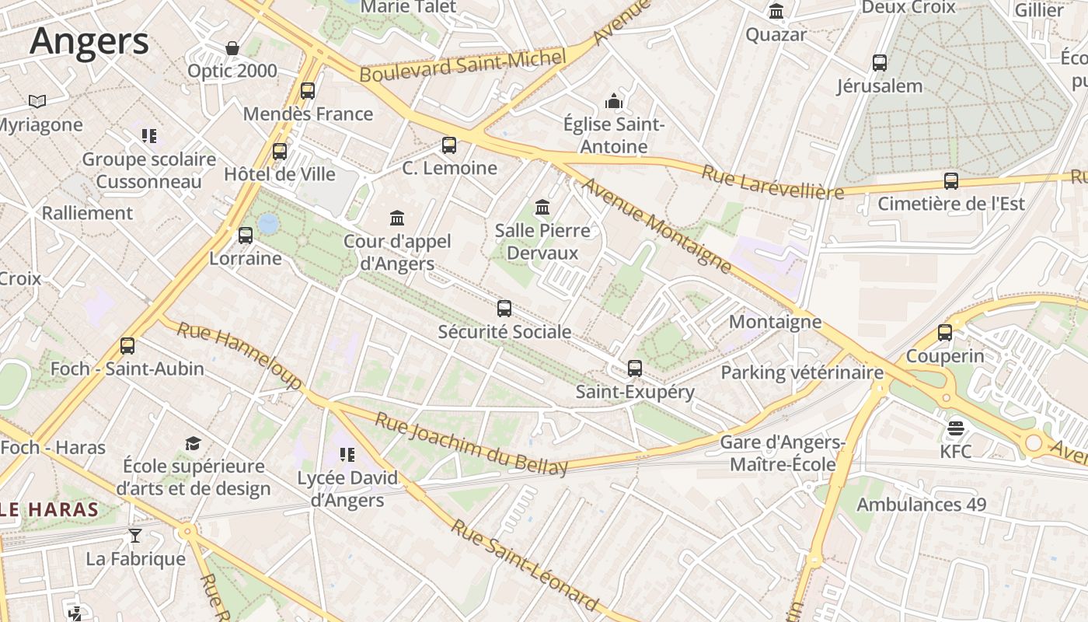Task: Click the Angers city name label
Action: pos(89,41)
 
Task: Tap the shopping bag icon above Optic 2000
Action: pos(232,48)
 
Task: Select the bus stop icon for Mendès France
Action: pos(308,90)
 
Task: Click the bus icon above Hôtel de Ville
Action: pos(280,151)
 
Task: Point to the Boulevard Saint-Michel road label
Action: pos(462,65)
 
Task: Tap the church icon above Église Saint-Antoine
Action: pos(614,101)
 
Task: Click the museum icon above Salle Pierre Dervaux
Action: pos(542,208)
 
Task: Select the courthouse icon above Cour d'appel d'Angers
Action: pos(397,218)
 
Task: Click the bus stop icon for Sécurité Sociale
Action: pos(504,309)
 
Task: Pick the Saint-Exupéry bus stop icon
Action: pos(635,369)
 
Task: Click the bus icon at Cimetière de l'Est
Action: pos(951,181)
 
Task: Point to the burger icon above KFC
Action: pos(955,428)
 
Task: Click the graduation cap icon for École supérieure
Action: pos(193,443)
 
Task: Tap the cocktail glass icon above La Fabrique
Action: pos(135,535)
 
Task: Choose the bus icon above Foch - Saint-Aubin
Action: pos(127,345)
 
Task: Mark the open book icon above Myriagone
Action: pos(37,101)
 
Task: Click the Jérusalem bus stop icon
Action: pos(880,63)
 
